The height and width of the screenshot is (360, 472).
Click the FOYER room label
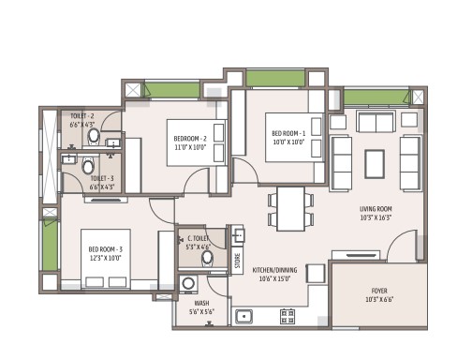coord(379,291)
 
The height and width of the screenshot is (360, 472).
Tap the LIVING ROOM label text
coord(376,209)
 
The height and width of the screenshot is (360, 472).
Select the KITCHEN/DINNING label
coord(274,270)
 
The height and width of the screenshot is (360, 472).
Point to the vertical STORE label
coord(238,261)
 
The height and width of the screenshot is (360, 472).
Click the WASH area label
coord(201,303)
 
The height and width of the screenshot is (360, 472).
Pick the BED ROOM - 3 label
coord(106,249)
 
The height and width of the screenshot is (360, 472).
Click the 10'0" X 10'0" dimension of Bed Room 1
coord(288,142)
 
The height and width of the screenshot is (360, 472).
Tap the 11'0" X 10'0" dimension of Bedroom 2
coord(190,147)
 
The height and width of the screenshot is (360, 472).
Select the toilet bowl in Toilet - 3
coord(88,165)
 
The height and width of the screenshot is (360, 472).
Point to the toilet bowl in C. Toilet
coord(207,258)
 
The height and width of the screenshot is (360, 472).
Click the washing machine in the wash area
coord(188,284)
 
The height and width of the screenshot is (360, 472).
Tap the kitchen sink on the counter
coord(243,317)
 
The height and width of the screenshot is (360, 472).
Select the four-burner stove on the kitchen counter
coord(288,316)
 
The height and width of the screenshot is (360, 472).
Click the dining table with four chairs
coord(290,209)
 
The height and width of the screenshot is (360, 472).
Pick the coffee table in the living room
coord(375,164)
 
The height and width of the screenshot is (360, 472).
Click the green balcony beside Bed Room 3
coord(50,245)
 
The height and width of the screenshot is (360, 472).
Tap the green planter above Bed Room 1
coord(275,78)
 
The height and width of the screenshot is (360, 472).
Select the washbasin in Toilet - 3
coord(69,159)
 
